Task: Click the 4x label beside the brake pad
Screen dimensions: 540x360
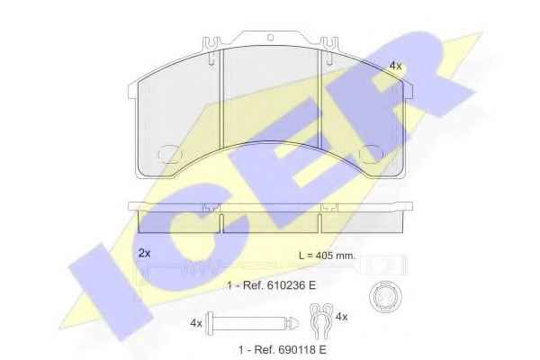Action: coord(395,66)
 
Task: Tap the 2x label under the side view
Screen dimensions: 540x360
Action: coord(144,253)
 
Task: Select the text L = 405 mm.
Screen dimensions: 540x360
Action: coord(327,256)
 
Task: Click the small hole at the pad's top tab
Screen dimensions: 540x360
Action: coord(270,37)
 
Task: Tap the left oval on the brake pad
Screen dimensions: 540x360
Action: coord(170,154)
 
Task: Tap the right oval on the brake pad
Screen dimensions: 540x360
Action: coord(371,154)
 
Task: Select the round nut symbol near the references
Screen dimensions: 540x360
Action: coord(386,297)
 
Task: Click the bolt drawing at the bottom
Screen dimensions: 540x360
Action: coord(252,323)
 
